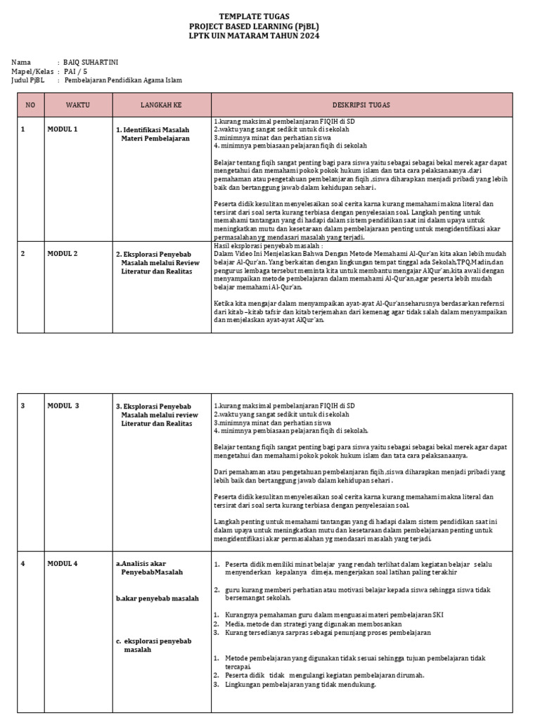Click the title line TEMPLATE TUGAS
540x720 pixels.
[254, 16]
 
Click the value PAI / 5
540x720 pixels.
[76, 71]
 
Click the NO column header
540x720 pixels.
[30, 105]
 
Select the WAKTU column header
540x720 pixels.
[77, 105]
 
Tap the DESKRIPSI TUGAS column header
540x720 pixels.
[361, 105]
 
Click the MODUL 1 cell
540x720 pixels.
[63, 129]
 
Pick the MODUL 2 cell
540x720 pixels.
[63, 253]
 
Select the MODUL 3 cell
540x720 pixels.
[63, 406]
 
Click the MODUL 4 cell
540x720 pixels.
[63, 563]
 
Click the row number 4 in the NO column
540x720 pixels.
[23, 563]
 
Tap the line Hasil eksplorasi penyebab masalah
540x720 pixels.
[269, 247]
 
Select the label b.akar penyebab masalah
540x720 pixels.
[157, 598]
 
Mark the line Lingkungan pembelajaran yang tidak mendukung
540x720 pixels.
[300, 685]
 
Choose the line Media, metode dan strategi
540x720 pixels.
[313, 624]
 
